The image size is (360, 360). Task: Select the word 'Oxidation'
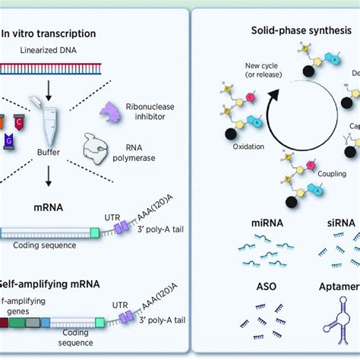(224, 150)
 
